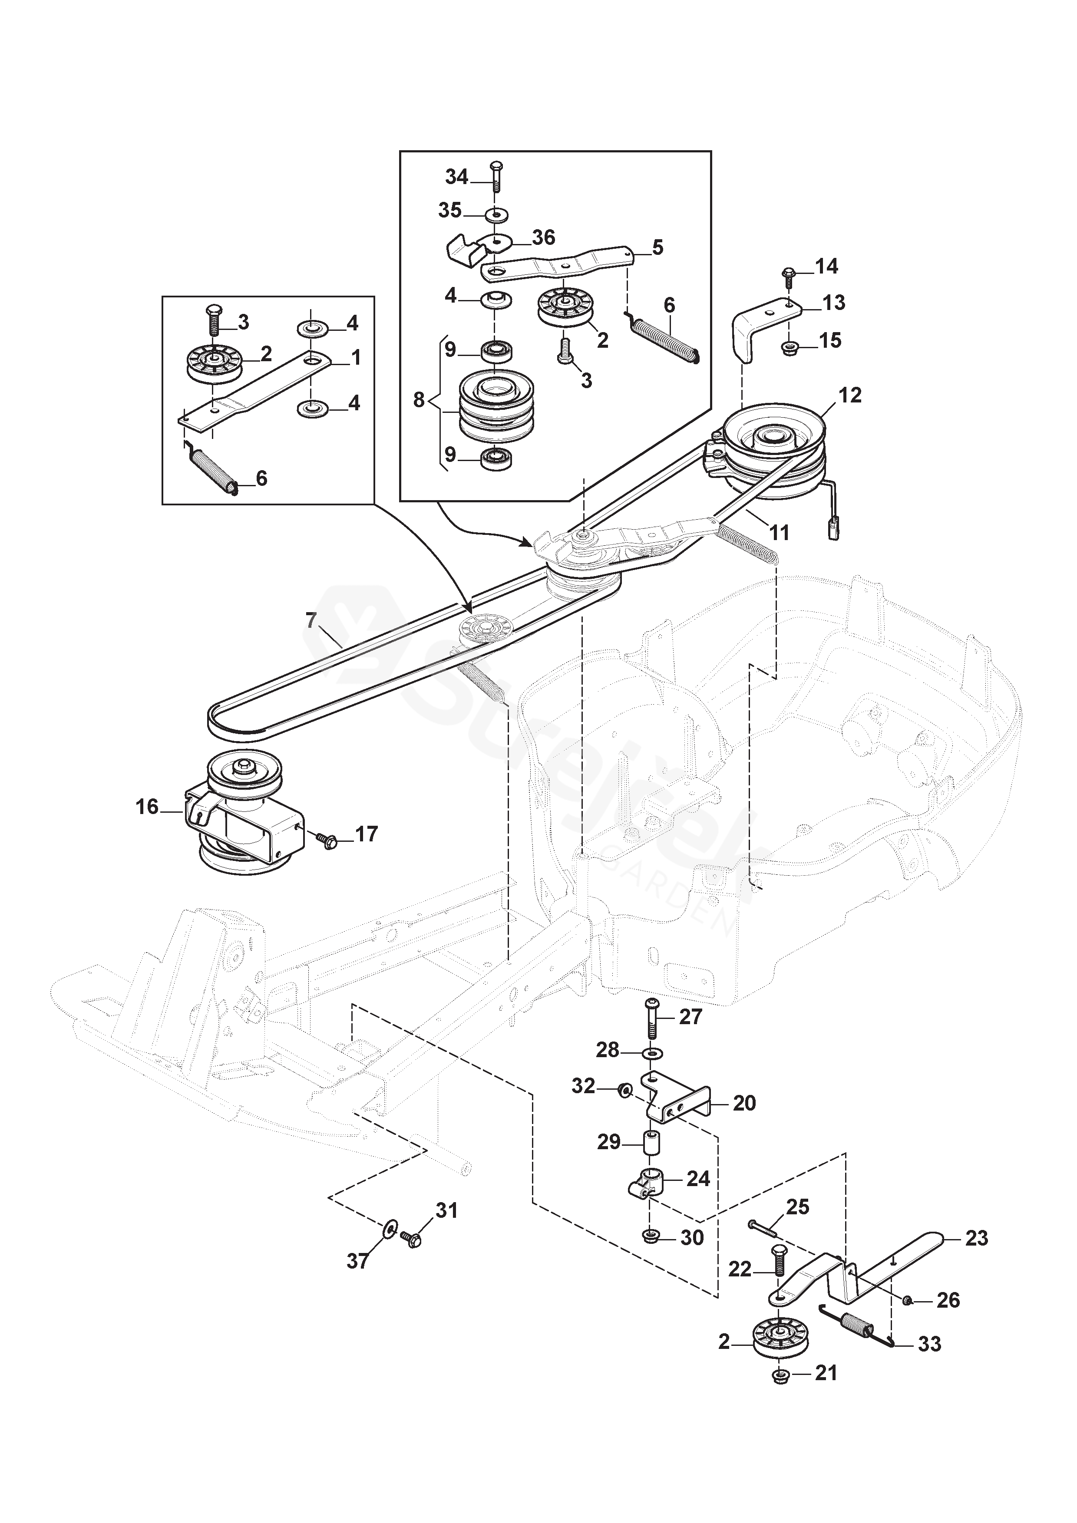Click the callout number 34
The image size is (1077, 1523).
[456, 177]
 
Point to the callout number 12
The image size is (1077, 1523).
[849, 396]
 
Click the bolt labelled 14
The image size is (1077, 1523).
[789, 277]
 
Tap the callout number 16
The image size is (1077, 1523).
[147, 807]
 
